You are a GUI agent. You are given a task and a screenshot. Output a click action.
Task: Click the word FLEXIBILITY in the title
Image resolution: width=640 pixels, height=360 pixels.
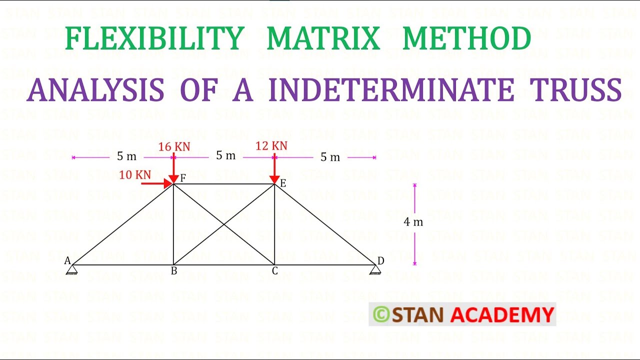click(154, 39)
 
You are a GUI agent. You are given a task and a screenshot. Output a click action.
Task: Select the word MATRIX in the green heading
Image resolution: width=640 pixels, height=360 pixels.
click(323, 39)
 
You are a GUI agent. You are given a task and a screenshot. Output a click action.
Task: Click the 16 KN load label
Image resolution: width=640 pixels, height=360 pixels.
click(174, 146)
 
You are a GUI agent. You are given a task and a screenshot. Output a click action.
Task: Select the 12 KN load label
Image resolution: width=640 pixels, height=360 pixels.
click(271, 145)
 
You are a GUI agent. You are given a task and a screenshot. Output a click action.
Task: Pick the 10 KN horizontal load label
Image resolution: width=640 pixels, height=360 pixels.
click(135, 174)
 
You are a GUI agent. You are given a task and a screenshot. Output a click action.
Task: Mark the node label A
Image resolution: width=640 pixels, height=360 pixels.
click(67, 260)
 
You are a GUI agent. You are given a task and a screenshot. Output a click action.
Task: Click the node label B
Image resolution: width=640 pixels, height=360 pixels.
click(174, 271)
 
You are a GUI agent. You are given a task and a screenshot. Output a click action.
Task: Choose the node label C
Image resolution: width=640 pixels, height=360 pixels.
click(274, 271)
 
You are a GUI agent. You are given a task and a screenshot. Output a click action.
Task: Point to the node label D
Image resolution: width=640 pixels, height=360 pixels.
click(381, 260)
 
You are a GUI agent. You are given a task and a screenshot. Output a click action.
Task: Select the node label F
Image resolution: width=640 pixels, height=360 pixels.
click(182, 178)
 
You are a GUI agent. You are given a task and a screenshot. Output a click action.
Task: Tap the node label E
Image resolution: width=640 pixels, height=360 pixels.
click(282, 183)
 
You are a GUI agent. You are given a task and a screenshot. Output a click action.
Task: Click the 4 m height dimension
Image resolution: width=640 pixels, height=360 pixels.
click(413, 222)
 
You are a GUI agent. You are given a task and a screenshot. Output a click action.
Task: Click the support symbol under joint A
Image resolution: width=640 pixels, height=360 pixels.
click(72, 270)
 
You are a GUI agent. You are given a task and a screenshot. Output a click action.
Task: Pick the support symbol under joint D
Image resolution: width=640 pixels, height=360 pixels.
click(375, 270)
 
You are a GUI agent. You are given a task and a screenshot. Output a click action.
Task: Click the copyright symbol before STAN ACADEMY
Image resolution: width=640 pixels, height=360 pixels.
click(381, 314)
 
